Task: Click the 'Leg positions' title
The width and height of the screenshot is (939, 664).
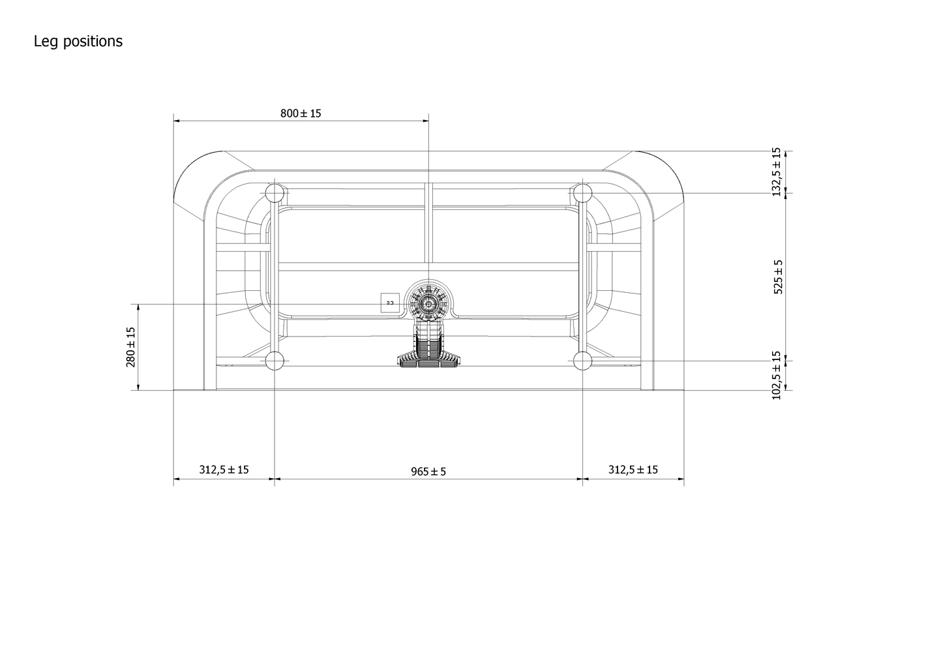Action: pos(78,41)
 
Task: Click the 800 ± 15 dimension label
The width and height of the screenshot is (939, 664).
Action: pos(301,113)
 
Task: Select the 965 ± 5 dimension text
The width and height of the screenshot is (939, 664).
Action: pos(428,471)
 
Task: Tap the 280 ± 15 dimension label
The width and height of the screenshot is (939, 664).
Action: pos(130,347)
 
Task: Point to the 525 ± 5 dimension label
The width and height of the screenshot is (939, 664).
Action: pos(778,277)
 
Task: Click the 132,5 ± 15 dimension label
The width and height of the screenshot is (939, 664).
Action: pos(776,171)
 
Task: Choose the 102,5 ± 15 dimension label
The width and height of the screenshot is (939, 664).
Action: pos(776,375)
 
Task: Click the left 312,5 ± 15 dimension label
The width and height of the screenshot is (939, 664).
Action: pos(224,470)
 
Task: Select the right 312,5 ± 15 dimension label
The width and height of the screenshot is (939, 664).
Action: pos(633,470)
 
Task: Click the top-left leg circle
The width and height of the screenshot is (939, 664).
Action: pos(275,193)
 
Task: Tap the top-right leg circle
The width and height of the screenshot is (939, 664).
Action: pos(582,193)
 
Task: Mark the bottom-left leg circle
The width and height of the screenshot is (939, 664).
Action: pos(275,361)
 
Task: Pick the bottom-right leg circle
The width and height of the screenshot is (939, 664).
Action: pos(582,361)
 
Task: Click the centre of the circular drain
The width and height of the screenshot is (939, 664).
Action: pos(428,303)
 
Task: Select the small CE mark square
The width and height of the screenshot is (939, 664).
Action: pos(390,303)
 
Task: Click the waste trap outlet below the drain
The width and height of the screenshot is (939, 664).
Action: pos(428,355)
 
